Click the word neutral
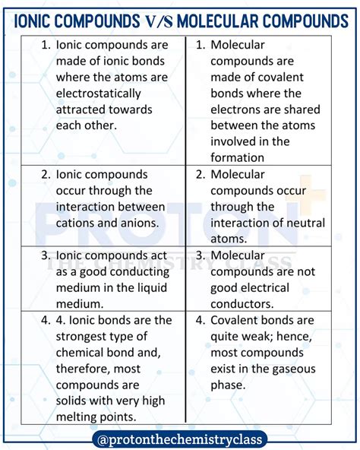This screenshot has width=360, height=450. pos(302,223)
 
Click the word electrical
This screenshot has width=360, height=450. pos(261,287)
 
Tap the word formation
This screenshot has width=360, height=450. pos(238,157)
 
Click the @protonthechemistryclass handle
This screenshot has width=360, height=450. pos(180,439)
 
